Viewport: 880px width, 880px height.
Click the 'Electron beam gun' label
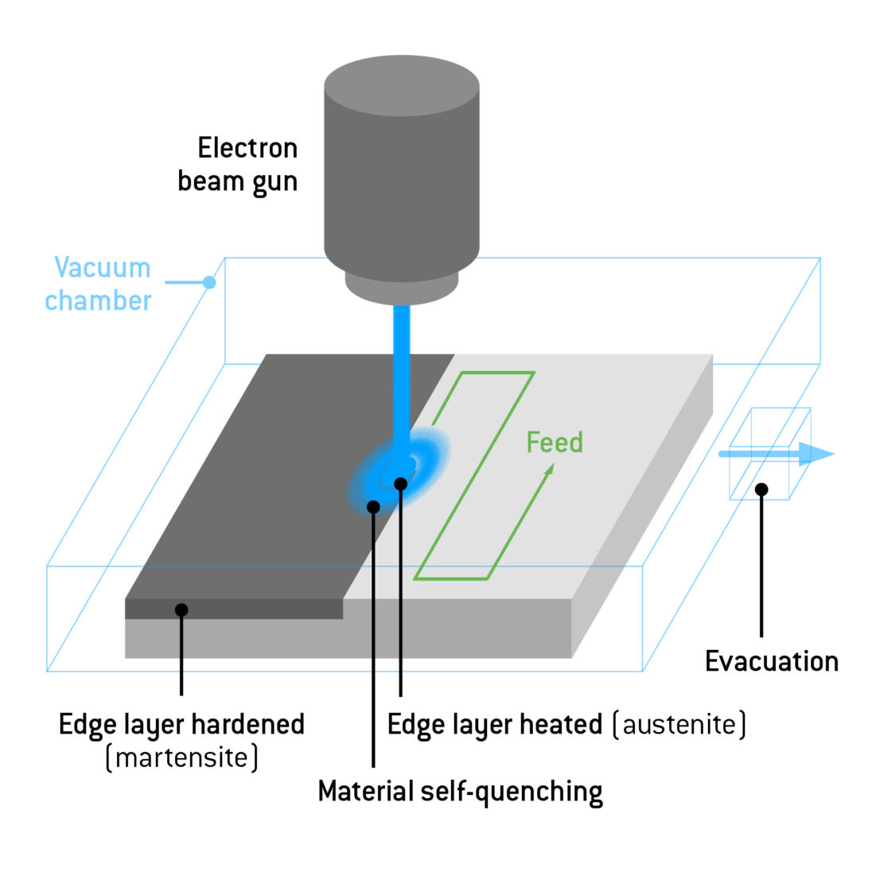click(238, 165)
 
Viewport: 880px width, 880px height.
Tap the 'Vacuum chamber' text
click(99, 284)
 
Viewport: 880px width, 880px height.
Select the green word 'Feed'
click(555, 442)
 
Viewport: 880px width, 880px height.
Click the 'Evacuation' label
click(771, 661)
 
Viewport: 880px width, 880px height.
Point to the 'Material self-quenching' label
click(460, 792)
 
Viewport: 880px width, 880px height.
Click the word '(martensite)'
click(182, 757)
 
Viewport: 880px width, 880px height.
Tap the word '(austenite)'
click(679, 725)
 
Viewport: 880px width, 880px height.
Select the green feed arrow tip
click(549, 469)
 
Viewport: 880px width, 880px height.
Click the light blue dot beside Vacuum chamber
click(209, 282)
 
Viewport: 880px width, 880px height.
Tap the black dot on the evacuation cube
click(761, 489)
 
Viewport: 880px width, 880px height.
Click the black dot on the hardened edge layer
click(181, 610)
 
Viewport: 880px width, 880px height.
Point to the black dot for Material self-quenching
click(373, 507)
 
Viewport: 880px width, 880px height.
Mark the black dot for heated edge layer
click(400, 484)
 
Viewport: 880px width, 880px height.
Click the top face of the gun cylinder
click(402, 84)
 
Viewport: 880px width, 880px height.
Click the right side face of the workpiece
click(644, 509)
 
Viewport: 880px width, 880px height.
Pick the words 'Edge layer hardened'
click(182, 725)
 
